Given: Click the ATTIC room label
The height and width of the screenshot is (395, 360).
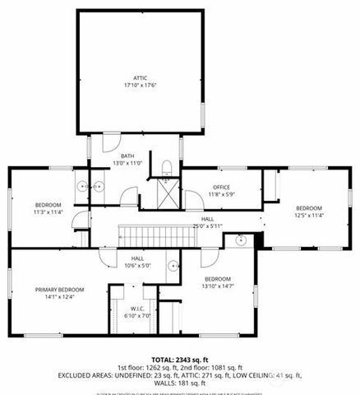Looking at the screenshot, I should (x=141, y=77).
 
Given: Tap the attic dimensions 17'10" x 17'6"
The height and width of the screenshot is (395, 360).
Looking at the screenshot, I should (x=141, y=84).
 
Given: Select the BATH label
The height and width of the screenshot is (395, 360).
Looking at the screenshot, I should (x=127, y=156).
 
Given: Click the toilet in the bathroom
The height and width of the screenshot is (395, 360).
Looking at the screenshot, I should (x=167, y=169).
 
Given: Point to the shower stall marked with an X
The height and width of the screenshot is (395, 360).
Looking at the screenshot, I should (x=168, y=195).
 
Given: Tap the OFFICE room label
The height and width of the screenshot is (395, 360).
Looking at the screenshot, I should (x=221, y=188).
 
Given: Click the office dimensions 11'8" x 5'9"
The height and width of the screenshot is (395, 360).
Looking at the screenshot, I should (x=221, y=194).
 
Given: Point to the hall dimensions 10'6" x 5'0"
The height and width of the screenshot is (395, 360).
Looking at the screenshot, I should (x=137, y=265).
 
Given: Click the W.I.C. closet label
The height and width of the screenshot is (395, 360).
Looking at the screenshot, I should (x=131, y=309).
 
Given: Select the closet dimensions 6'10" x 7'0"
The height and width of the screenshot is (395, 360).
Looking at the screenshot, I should (x=131, y=315).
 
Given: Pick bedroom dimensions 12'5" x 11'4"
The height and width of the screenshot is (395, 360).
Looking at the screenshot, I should (x=309, y=215).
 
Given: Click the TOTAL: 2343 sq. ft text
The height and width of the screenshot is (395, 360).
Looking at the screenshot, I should (x=180, y=360).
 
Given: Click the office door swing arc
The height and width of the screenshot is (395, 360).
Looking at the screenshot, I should (x=193, y=200).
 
